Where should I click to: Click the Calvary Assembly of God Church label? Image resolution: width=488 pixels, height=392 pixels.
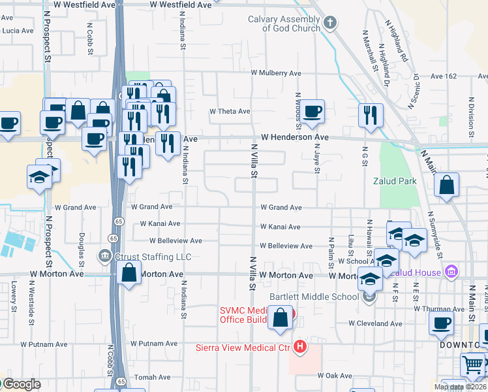pyautogui.click(x=284, y=24)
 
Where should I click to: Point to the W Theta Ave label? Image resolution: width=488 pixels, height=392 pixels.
pyautogui.click(x=230, y=112)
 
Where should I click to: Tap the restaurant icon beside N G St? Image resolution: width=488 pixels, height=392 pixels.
pyautogui.click(x=371, y=115)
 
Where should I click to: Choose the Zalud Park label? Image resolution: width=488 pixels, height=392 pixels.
pyautogui.click(x=390, y=180)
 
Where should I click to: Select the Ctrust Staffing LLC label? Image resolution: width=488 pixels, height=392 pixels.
pyautogui.click(x=144, y=257)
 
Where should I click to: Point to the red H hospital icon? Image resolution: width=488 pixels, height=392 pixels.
pyautogui.click(x=299, y=346)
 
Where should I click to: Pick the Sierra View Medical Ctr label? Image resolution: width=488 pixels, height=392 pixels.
pyautogui.click(x=243, y=348)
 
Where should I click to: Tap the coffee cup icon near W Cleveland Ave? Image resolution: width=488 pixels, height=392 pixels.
pyautogui.click(x=442, y=323)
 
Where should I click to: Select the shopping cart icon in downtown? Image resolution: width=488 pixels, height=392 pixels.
pyautogui.click(x=473, y=364)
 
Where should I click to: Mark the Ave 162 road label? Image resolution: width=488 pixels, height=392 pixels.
pyautogui.click(x=444, y=76)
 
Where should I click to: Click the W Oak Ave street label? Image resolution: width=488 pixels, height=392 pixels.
pyautogui.click(x=335, y=376)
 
